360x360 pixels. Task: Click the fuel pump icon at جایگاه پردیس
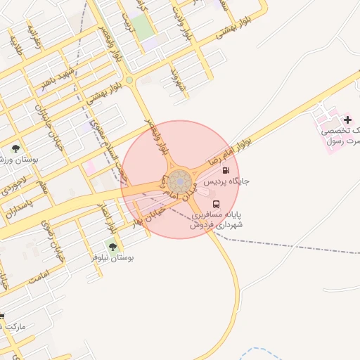click(225, 170)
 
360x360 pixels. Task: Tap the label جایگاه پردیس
click(226, 181)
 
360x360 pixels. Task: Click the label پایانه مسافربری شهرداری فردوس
click(217, 219)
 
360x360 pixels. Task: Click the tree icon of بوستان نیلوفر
click(112, 247)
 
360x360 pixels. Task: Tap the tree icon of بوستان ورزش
click(15, 148)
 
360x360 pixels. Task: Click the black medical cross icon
click(347, 120)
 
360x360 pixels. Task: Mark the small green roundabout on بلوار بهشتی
click(129, 80)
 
